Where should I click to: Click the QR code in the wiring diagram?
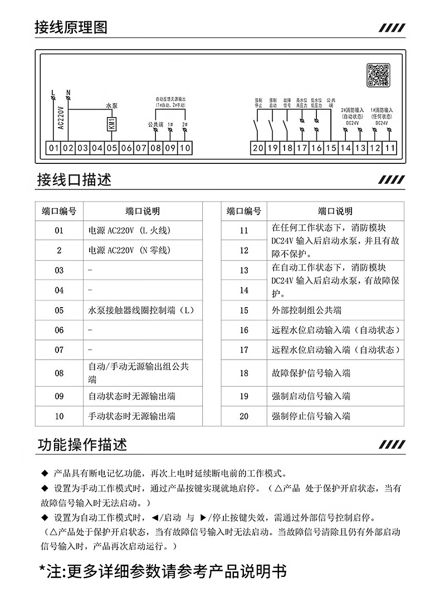[x=378, y=75]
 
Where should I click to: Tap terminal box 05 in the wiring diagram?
[x=111, y=148]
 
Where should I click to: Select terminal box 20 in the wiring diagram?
[x=257, y=148]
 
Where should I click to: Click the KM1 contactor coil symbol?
[x=111, y=123]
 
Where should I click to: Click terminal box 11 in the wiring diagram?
[x=390, y=148]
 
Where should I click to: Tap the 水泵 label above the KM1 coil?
[x=112, y=105]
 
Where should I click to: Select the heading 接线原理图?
[x=70, y=27]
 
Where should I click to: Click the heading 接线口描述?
[x=74, y=179]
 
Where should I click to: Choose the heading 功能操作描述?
[x=82, y=444]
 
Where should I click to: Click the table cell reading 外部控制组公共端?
[x=306, y=310]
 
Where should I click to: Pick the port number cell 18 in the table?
[x=244, y=373]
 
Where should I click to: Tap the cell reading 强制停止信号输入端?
[x=311, y=416]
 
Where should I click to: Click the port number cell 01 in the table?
[x=59, y=230]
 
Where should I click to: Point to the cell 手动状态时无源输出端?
[x=132, y=416]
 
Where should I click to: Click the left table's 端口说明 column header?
[x=143, y=211]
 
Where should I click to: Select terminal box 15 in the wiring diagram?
[x=331, y=148]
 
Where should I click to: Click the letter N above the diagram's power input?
[x=68, y=92]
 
